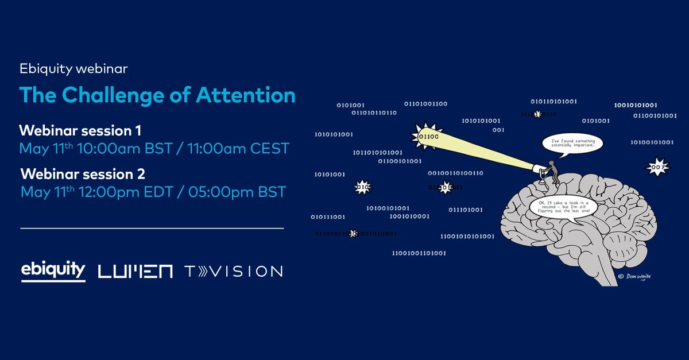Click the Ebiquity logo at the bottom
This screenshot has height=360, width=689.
click(x=53, y=270)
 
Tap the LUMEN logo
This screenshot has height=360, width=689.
click(x=136, y=271)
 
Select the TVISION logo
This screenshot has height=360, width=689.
click(x=233, y=271)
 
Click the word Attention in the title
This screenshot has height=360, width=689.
click(x=249, y=95)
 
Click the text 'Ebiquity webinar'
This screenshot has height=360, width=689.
click(x=73, y=69)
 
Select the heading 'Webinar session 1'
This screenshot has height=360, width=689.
click(x=80, y=129)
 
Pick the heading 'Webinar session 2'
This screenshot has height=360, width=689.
click(x=83, y=173)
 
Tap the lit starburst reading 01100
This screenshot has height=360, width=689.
click(x=427, y=137)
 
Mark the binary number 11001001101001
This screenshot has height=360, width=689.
click(x=419, y=253)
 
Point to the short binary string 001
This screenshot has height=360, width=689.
click(x=498, y=130)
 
